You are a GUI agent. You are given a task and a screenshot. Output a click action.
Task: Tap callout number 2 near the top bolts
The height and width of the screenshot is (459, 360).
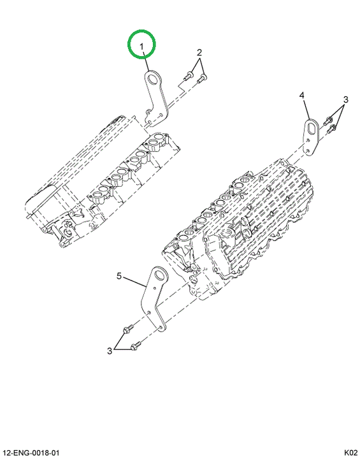pos(199,53)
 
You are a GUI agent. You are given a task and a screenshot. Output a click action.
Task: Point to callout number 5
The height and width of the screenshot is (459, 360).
pos(119,276)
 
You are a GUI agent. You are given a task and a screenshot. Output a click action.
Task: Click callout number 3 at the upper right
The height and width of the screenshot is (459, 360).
pos(345,99)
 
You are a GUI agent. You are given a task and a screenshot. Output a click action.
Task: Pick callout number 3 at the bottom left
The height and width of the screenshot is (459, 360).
pos(110,351)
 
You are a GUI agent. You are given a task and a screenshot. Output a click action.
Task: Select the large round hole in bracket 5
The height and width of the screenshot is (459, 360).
pos(160,275)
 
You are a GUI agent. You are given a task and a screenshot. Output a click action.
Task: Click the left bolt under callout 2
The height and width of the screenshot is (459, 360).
pos(187,76)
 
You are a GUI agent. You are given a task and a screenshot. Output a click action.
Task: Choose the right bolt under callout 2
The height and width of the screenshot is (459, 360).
pos(202,78)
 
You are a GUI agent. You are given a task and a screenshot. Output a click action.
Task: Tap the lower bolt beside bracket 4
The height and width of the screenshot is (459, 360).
pos(331,128)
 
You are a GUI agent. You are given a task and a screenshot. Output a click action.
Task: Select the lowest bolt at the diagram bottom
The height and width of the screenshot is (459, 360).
pos(136,346)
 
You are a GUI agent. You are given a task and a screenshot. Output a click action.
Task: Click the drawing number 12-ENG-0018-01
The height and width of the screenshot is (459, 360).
pos(32,453)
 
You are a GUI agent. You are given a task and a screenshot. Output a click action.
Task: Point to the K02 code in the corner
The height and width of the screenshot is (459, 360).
pos(350,453)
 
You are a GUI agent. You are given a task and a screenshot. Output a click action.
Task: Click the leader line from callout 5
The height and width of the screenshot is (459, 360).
pos(134,281)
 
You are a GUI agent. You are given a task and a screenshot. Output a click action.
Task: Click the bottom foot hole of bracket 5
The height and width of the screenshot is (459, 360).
pos(161,328)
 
